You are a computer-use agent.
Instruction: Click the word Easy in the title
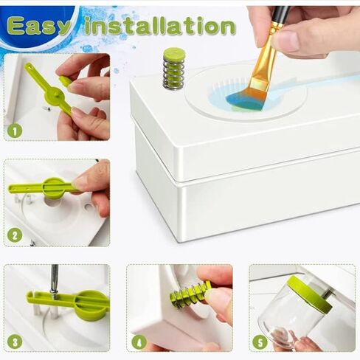tap(38, 26)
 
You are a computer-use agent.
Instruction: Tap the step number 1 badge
tap(15, 131)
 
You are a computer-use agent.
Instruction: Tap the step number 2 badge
tap(15, 235)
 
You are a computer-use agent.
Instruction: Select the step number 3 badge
tap(15, 342)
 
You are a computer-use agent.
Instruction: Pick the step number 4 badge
tap(139, 342)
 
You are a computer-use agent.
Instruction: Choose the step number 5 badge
tap(260, 342)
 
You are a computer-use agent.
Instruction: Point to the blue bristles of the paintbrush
tap(243, 99)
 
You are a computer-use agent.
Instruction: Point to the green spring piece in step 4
tap(190, 294)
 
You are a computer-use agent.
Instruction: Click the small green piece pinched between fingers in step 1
tap(65, 81)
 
